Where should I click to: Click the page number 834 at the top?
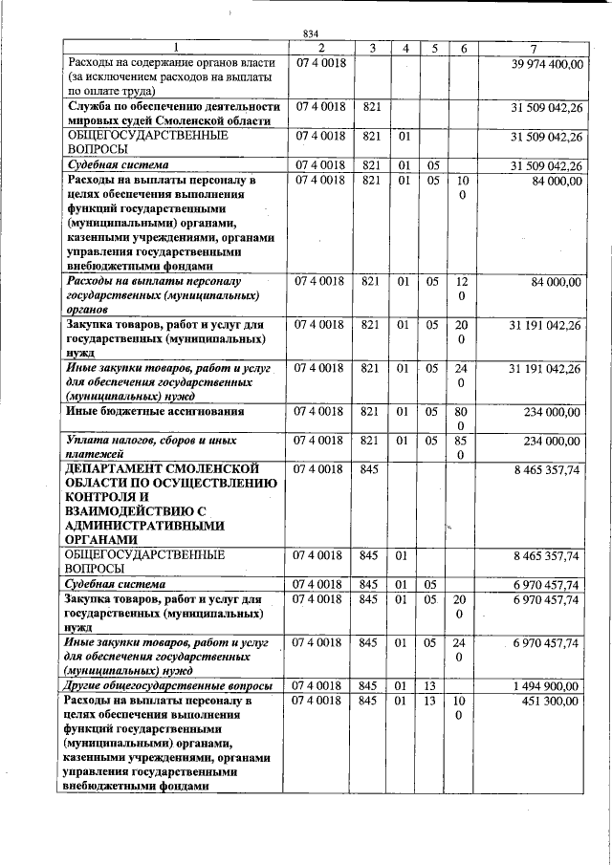(311, 34)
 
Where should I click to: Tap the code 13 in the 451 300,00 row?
(432, 702)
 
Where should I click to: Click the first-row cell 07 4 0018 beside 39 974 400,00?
(320, 63)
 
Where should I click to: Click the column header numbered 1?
(173, 48)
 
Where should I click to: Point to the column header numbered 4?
(404, 48)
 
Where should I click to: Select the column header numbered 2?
(320, 48)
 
